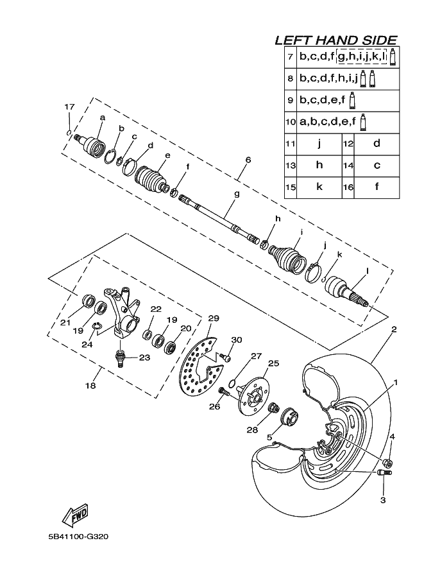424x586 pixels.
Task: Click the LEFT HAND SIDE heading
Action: (x=335, y=40)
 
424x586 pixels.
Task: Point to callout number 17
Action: (x=69, y=107)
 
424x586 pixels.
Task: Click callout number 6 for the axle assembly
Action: (x=248, y=160)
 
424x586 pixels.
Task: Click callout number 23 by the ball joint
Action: (x=144, y=358)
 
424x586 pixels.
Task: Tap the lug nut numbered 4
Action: (x=387, y=463)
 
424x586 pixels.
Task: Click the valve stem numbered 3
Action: (x=385, y=474)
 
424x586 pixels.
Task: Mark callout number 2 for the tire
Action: (x=393, y=330)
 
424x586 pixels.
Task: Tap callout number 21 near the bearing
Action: (x=65, y=323)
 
